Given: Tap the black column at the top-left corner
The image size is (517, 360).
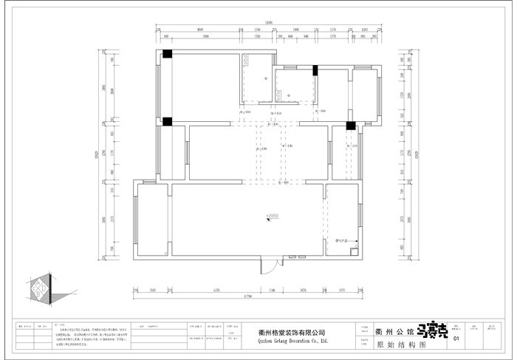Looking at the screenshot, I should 168,54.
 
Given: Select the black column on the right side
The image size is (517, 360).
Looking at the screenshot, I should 351,126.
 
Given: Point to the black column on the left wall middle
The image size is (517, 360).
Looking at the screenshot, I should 168,121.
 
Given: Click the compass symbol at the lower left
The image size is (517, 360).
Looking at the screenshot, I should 40,288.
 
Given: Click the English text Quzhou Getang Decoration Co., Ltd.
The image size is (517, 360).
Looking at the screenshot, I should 293,342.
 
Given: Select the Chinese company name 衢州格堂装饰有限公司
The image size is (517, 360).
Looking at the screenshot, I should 293,333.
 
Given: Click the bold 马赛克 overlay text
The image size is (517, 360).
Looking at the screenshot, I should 432,332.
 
